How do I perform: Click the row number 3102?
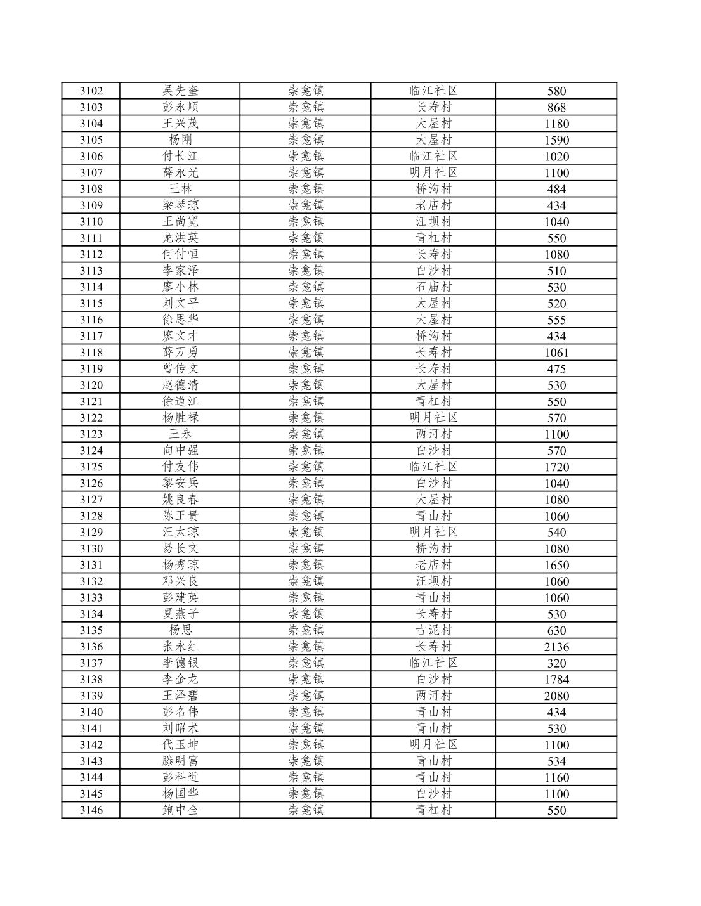click(91, 91)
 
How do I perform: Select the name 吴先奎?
click(180, 91)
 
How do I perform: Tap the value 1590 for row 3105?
click(556, 140)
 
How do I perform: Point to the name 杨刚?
click(180, 139)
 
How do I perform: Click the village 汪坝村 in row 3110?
click(433, 221)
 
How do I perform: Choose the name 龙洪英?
click(180, 238)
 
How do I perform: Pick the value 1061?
click(556, 353)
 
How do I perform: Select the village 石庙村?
click(433, 287)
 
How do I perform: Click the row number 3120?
click(91, 385)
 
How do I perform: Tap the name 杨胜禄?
click(180, 418)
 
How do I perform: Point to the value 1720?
click(556, 467)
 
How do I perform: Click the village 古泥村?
click(433, 630)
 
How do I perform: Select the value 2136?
click(556, 647)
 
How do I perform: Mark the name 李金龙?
click(180, 679)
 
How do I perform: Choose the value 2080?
click(556, 696)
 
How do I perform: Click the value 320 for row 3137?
click(556, 663)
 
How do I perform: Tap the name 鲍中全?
click(180, 810)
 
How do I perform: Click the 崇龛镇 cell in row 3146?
click(306, 810)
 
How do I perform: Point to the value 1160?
click(556, 777)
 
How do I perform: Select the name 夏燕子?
click(180, 614)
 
